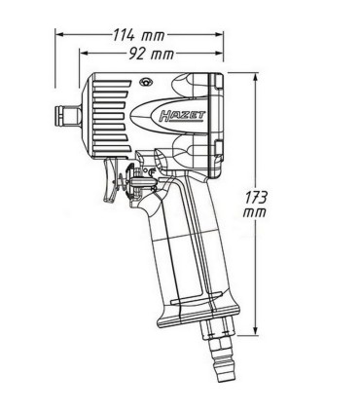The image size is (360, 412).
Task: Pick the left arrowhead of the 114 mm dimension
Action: click(57, 34)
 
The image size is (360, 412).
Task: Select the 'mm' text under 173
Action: click(255, 212)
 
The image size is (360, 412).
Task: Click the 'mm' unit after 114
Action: click(153, 35)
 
